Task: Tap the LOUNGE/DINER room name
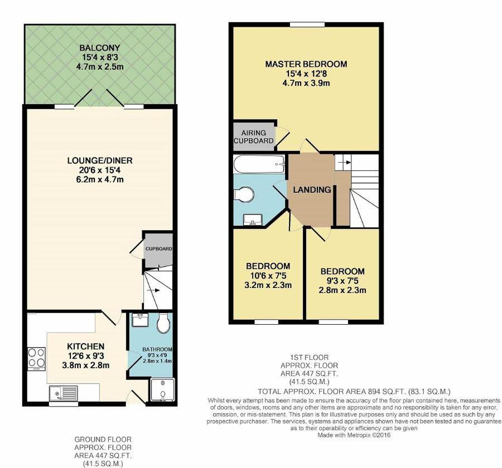click(100, 160)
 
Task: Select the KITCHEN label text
click(85, 347)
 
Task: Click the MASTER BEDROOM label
click(306, 64)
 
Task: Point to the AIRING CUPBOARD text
click(254, 136)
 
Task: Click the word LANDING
click(312, 189)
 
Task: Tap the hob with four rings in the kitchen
click(36, 358)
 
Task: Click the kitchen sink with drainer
click(64, 393)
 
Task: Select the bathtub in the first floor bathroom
click(259, 164)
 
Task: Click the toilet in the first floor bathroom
click(244, 194)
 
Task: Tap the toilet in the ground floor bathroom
click(163, 324)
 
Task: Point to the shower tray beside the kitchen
click(163, 390)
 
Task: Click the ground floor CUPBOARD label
click(159, 248)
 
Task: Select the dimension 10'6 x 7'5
click(268, 275)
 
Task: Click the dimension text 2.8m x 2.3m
click(342, 290)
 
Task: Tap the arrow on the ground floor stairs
click(153, 290)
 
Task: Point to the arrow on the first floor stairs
click(344, 162)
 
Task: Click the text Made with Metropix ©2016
click(354, 435)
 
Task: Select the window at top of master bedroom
click(307, 25)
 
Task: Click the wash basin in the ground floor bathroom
click(140, 320)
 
